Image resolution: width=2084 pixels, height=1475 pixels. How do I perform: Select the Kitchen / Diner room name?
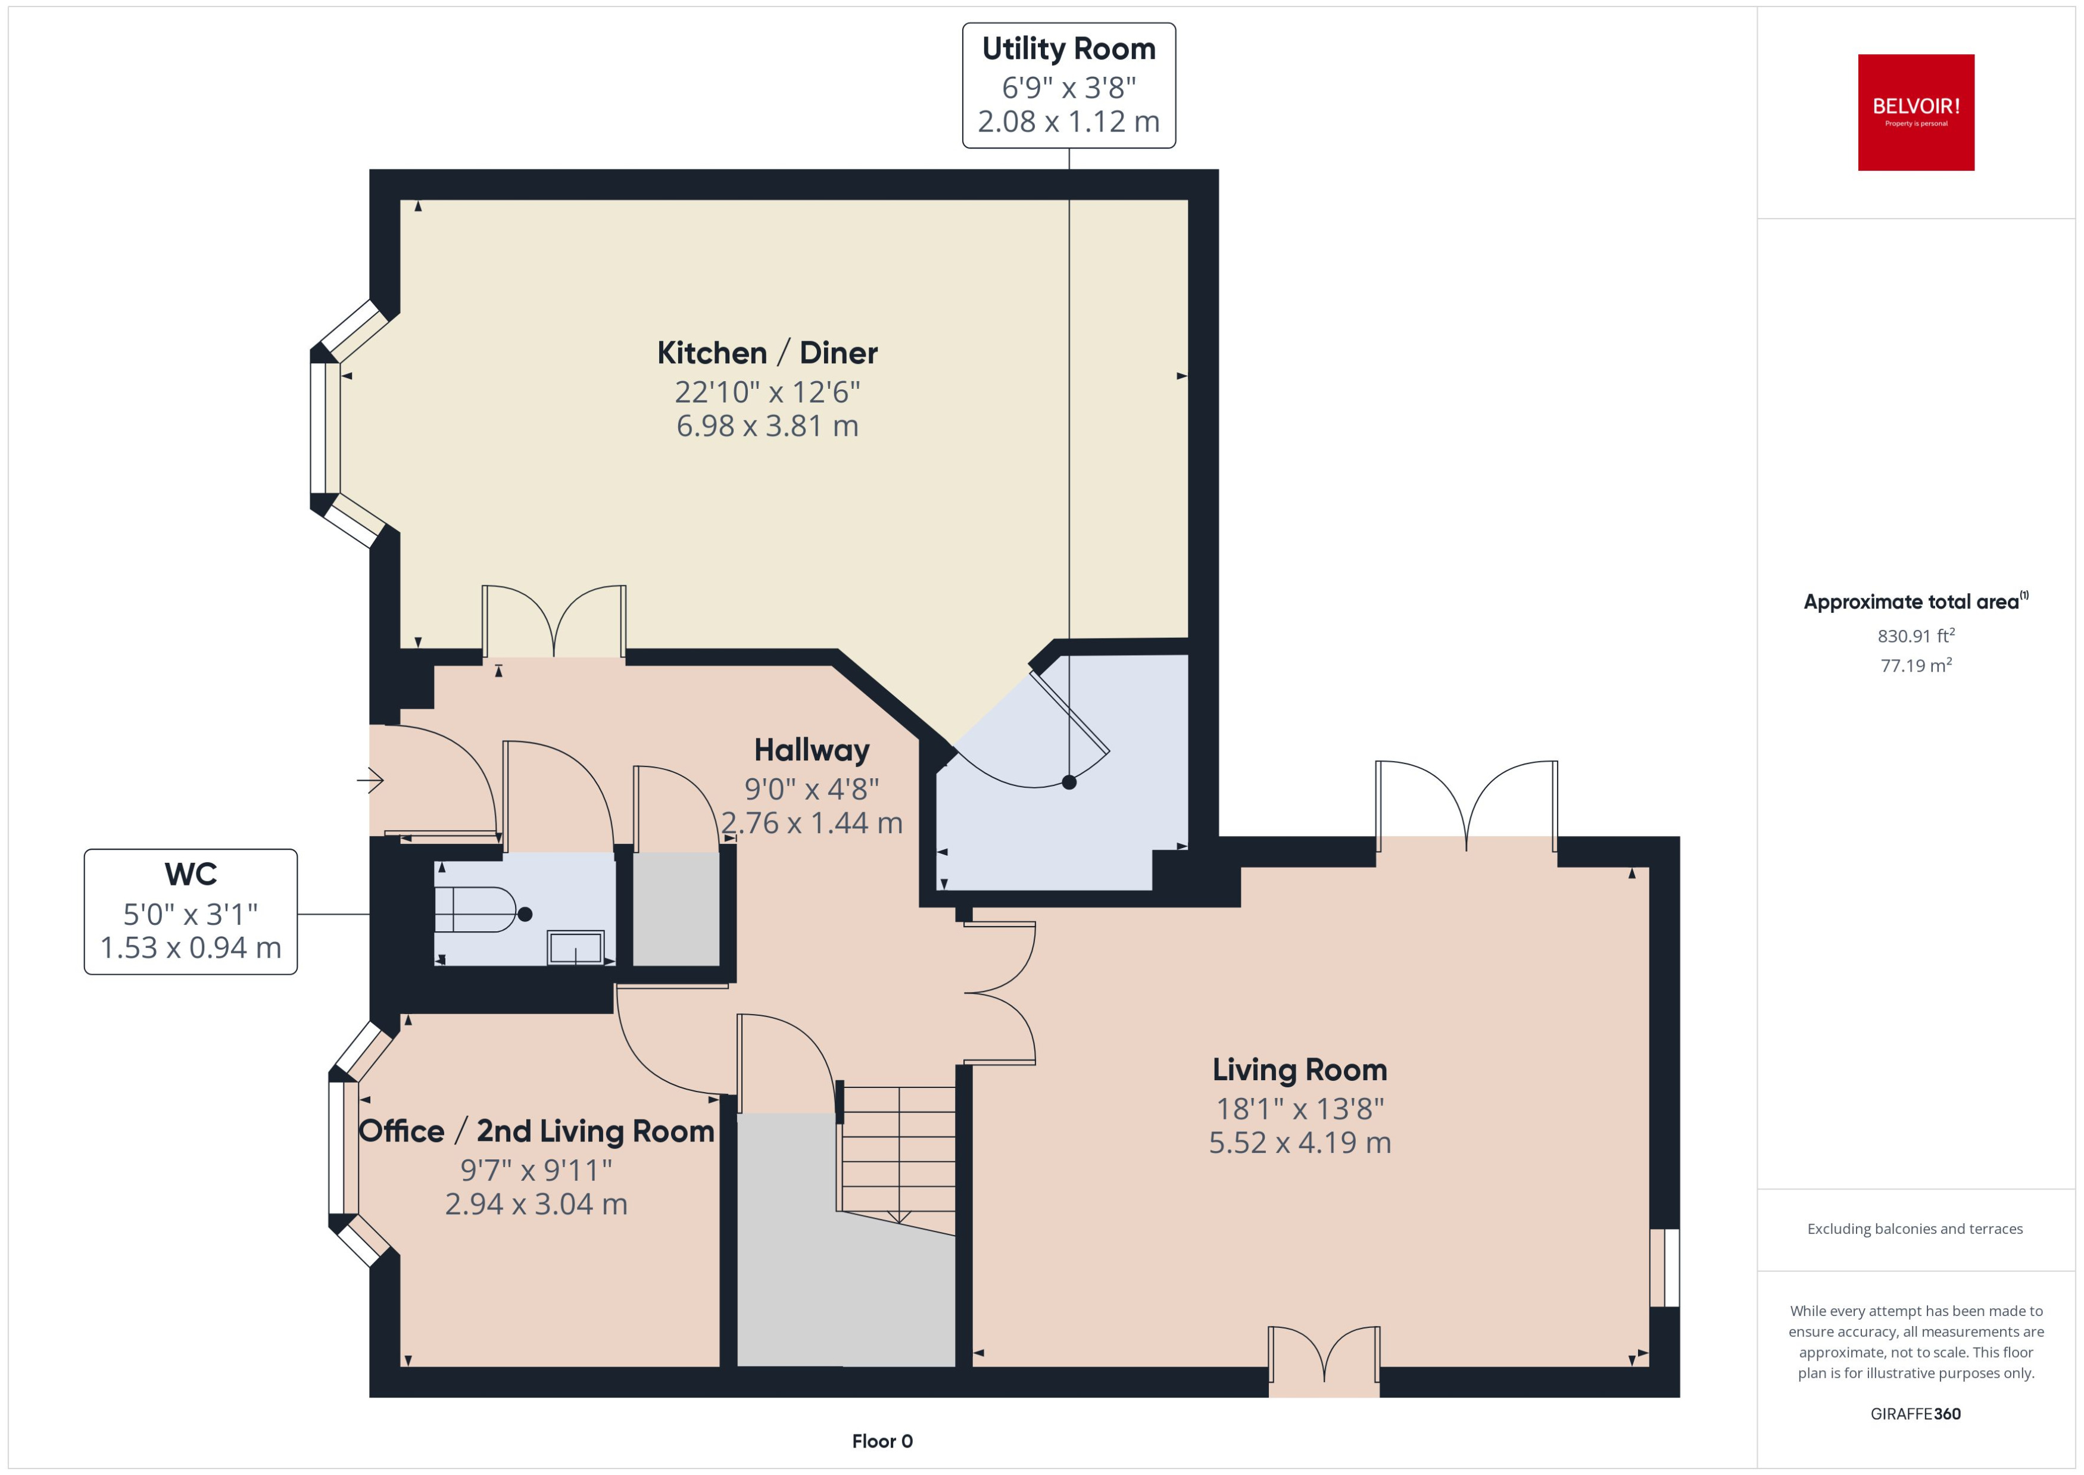[x=768, y=353]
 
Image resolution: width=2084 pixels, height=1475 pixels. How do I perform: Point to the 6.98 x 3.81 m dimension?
[x=768, y=426]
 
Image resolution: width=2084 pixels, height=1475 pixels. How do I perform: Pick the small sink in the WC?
[x=575, y=948]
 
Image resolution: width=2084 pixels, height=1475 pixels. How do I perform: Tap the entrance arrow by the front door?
[x=370, y=779]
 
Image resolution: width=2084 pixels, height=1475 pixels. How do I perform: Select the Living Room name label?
[x=1299, y=1070]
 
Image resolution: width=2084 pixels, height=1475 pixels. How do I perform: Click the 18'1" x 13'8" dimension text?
[x=1299, y=1109]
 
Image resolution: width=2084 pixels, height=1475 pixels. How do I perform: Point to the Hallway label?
[x=812, y=750]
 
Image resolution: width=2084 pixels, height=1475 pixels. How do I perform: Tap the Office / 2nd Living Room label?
[x=536, y=1131]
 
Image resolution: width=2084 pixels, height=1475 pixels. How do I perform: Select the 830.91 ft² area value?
[x=1915, y=636]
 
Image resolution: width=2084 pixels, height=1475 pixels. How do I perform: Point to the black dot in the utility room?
[x=1069, y=782]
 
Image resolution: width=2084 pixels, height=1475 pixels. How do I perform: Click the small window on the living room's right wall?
[x=1664, y=1267]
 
